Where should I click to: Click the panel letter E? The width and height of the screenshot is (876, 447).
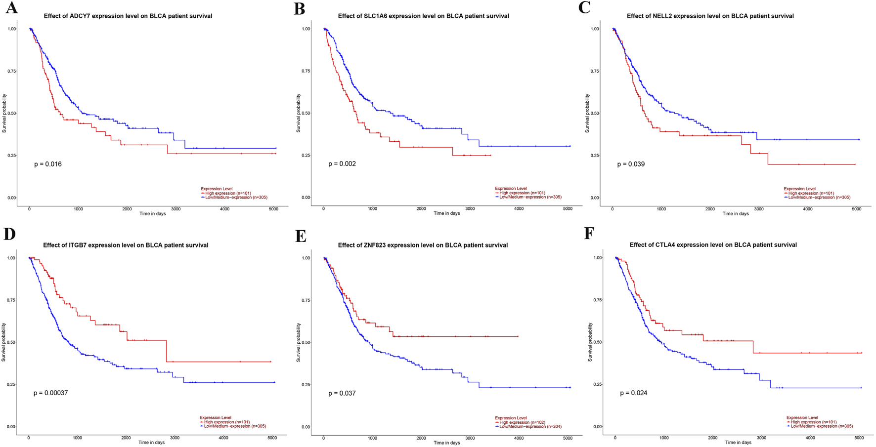tap(301, 236)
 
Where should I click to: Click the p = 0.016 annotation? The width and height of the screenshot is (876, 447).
tap(48, 164)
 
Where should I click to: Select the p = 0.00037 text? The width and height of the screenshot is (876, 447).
tap(50, 393)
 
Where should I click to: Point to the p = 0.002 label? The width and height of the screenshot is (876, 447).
tap(342, 164)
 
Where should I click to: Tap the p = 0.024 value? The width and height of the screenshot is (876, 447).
tap(633, 393)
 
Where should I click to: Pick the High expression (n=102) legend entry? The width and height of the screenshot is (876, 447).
tap(522, 422)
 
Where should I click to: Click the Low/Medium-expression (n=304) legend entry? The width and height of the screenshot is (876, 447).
tap(530, 427)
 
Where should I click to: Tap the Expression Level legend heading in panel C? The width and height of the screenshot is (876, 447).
tap(799, 189)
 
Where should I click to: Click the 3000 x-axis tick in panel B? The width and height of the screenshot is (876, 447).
tap(470, 209)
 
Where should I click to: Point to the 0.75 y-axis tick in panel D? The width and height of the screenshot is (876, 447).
tap(11, 300)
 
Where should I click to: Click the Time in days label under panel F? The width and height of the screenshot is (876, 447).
tap(738, 443)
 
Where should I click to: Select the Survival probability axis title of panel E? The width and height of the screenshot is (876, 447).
tap(299, 342)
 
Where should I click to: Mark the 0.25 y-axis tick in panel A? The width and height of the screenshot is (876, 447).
tap(12, 156)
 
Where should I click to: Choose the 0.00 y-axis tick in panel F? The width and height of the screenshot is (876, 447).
tap(597, 427)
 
